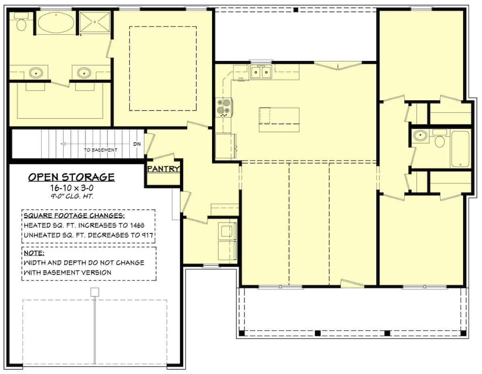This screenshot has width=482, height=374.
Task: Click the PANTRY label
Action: click(x=163, y=169)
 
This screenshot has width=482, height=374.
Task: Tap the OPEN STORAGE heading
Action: click(x=71, y=177)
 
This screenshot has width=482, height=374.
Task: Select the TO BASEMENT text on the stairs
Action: click(x=100, y=150)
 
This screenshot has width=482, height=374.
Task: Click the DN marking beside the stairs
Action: click(x=137, y=144)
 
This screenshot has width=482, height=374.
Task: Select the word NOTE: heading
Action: click(x=34, y=253)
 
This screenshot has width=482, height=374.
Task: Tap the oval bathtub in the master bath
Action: click(x=56, y=23)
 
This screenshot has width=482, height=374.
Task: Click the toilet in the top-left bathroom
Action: click(x=21, y=23)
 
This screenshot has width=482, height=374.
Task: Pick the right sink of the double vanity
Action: click(x=84, y=73)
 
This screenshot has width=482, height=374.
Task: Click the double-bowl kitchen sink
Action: click(x=261, y=73)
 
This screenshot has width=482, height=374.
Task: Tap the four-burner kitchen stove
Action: click(x=224, y=107)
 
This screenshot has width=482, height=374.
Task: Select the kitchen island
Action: click(x=279, y=120)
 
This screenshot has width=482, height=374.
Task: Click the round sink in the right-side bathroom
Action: click(x=421, y=136)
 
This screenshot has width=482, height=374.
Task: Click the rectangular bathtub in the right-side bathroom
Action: click(x=460, y=149)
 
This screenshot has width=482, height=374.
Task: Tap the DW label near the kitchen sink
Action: click(x=241, y=78)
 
